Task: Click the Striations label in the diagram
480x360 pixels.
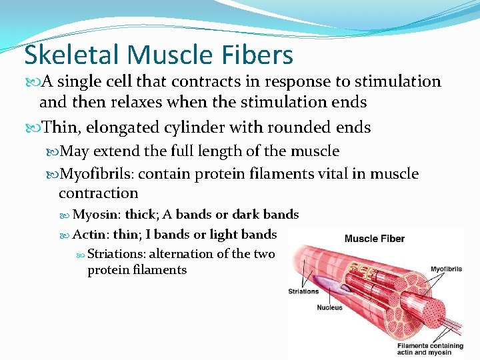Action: (x=303, y=291)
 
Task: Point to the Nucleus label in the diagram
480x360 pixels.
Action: (x=329, y=308)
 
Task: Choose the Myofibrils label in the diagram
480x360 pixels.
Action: (x=446, y=269)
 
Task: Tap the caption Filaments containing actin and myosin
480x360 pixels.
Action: (x=430, y=349)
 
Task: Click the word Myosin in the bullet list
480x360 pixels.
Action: (x=96, y=215)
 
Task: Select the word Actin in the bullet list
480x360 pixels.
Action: (x=89, y=234)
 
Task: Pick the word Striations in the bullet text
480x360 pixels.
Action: (x=116, y=253)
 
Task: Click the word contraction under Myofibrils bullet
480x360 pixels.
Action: (x=98, y=193)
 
